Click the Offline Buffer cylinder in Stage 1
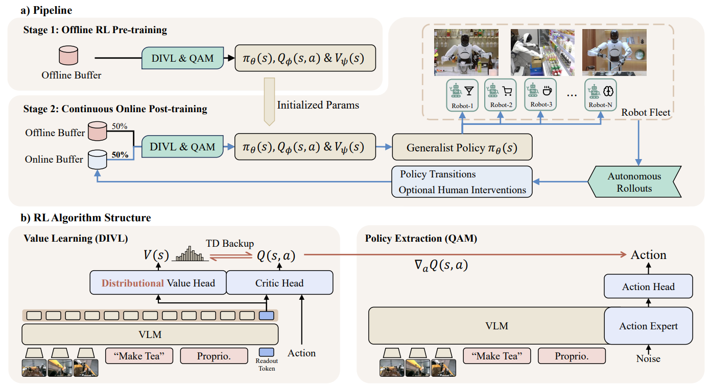pyautogui.click(x=68, y=55)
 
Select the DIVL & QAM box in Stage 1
pyautogui.click(x=182, y=58)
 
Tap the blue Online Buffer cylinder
pyautogui.click(x=97, y=160)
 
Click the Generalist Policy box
pyautogui.click(x=462, y=147)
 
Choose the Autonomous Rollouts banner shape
pyautogui.click(x=634, y=182)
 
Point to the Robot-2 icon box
pyautogui.click(x=501, y=95)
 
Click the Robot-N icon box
pyautogui.click(x=601, y=95)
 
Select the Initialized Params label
pyautogui.click(x=318, y=105)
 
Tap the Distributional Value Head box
pyautogui.click(x=158, y=282)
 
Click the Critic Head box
pyautogui.click(x=279, y=282)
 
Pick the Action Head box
pyautogui.click(x=648, y=287)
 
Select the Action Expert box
pyautogui.click(x=648, y=326)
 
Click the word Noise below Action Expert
pyautogui.click(x=648, y=358)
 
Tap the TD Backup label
pyautogui.click(x=230, y=243)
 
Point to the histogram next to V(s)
pyautogui.click(x=190, y=253)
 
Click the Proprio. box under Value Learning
pyautogui.click(x=214, y=356)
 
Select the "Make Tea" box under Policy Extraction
pyautogui.click(x=497, y=356)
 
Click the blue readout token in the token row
pyautogui.click(x=266, y=316)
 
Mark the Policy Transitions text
pyautogui.click(x=438, y=174)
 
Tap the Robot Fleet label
pyautogui.click(x=646, y=112)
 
